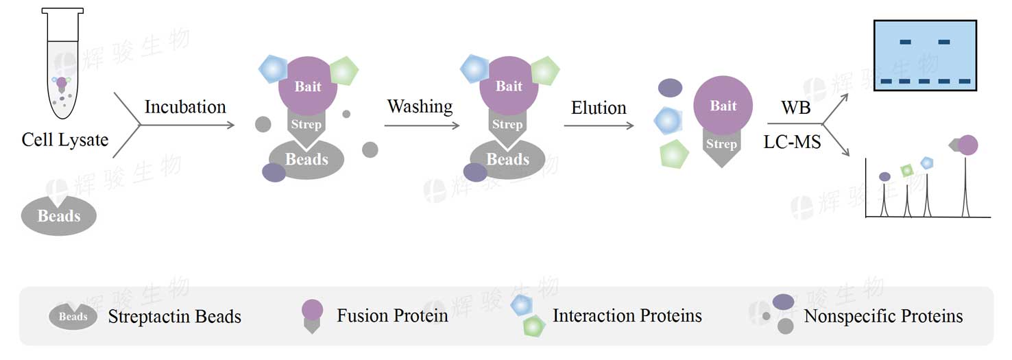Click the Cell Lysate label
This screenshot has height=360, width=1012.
tap(65, 140)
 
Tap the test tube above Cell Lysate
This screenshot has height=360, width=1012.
tap(62, 63)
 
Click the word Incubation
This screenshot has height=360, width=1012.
tap(185, 107)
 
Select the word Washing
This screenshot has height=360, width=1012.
tap(420, 107)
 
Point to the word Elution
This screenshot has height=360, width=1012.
tap(599, 108)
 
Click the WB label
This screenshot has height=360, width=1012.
tap(796, 108)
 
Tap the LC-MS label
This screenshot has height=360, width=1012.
tap(792, 142)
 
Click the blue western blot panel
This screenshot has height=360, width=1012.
tap(925, 55)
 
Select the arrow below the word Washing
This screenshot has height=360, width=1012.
tap(422, 125)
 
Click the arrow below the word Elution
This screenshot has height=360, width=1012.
tap(599, 125)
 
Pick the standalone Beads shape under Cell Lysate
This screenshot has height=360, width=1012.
tap(59, 215)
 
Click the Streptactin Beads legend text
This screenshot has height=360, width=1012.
tap(174, 316)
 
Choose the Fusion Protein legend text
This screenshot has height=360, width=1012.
tap(392, 315)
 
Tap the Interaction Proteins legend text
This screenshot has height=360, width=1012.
tap(627, 315)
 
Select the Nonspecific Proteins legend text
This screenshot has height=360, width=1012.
tap(883, 316)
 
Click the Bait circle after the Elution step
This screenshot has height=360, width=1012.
tap(723, 105)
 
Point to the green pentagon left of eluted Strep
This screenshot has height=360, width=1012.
tap(674, 154)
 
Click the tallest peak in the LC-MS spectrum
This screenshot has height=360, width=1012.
tap(965, 186)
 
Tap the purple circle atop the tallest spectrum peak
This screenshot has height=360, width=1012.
tap(967, 145)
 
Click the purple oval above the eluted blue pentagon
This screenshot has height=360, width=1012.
tap(670, 88)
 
